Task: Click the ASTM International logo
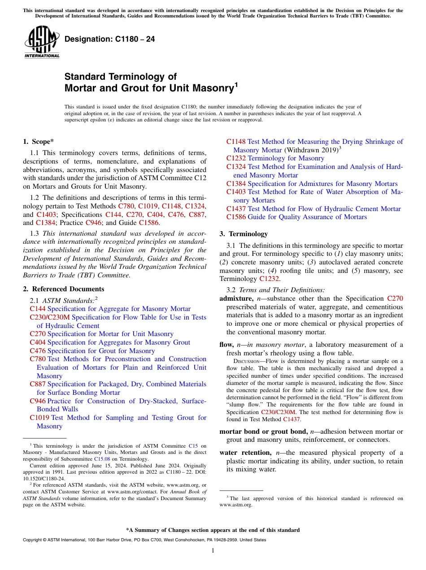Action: tap(42, 43)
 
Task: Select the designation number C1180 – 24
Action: tap(110, 39)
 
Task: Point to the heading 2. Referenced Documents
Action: tap(64, 289)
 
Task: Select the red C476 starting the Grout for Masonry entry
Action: tap(38, 351)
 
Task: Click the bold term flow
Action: tap(226, 345)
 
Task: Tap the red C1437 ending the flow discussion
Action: tap(291, 419)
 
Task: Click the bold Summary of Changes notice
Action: tap(213, 530)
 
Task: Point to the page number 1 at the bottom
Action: tap(213, 550)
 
